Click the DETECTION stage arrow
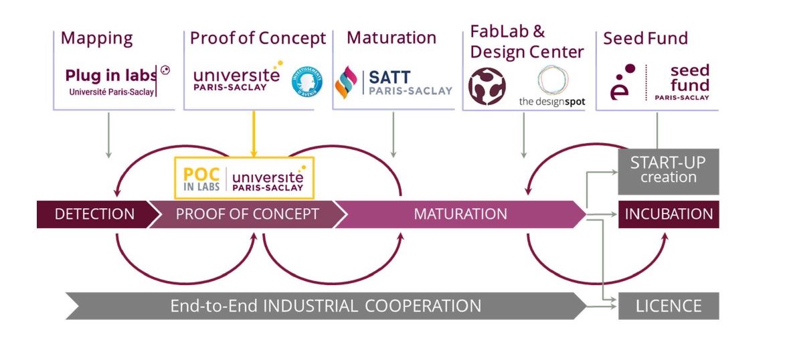[94, 214]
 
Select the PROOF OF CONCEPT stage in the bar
[246, 214]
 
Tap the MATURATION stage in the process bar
[460, 214]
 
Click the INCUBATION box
[668, 214]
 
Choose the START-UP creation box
[668, 170]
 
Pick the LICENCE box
[668, 306]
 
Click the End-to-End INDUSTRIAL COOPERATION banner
[325, 306]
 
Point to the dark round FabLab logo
[487, 86]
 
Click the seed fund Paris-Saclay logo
[659, 82]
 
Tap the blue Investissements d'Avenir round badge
[306, 84]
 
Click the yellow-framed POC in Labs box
[244, 178]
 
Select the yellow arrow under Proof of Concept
[253, 134]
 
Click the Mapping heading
[96, 38]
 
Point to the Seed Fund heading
[645, 38]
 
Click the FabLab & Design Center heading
[527, 41]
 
